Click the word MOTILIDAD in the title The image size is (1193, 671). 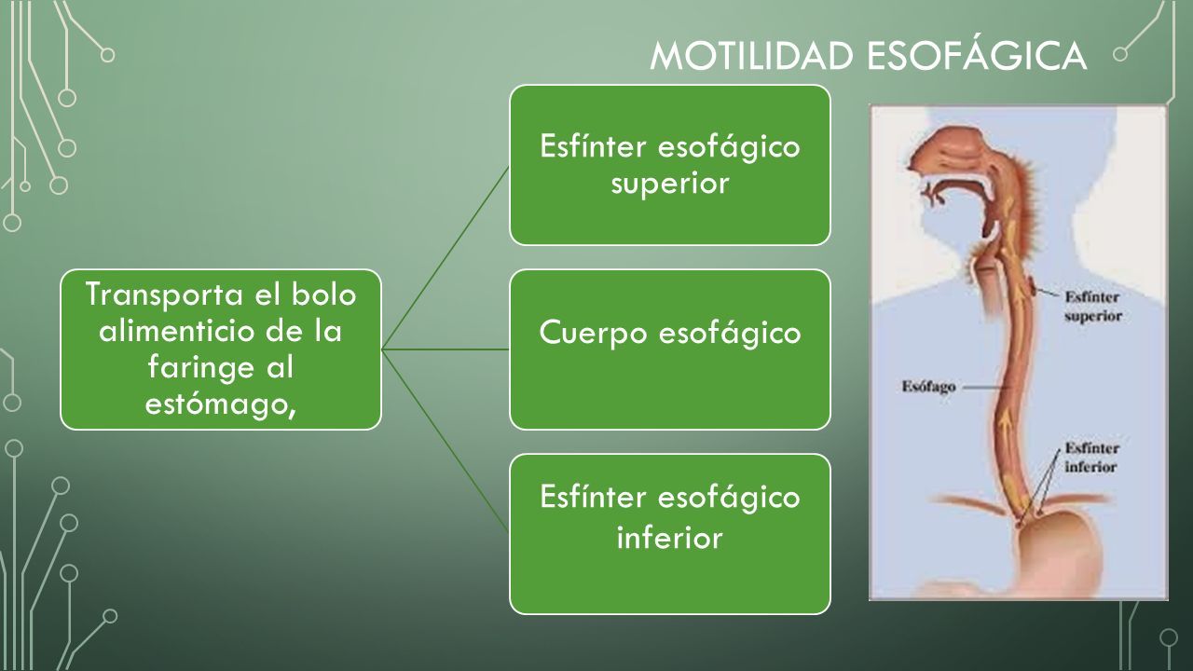tap(753, 56)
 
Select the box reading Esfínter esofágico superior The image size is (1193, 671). tap(669, 165)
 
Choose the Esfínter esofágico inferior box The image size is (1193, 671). tap(669, 534)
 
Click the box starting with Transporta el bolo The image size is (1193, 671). tap(221, 349)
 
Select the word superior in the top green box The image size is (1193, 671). tap(669, 184)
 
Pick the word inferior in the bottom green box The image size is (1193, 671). tap(669, 538)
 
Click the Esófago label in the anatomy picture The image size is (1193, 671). tap(927, 386)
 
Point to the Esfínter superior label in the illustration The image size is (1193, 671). tap(1093, 306)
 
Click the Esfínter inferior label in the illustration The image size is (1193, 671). tap(1090, 457)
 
